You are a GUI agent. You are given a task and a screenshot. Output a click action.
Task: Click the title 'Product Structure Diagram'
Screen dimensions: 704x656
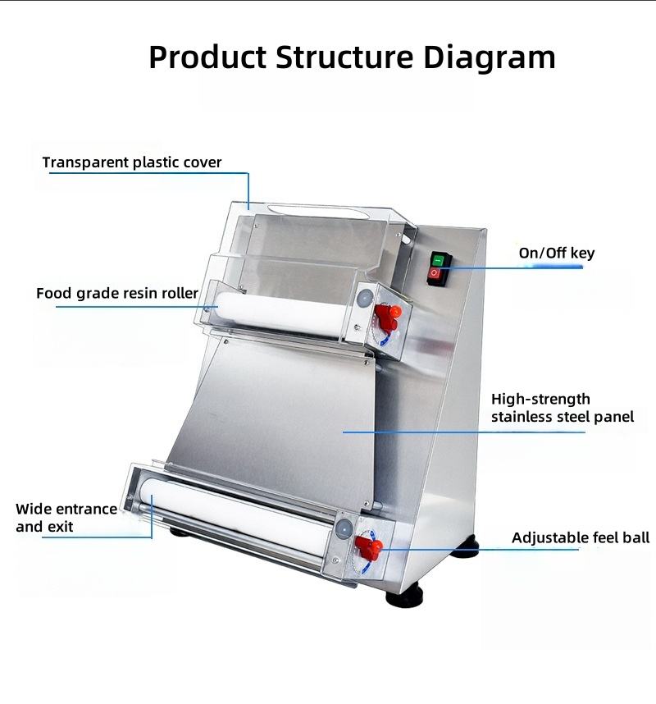[x=352, y=57]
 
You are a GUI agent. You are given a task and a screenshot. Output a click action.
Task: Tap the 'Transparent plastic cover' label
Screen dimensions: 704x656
[x=132, y=162]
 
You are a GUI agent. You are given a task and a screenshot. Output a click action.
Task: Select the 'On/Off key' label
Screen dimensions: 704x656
[x=556, y=253]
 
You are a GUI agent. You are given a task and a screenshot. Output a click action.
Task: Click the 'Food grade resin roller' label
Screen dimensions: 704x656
[x=117, y=293]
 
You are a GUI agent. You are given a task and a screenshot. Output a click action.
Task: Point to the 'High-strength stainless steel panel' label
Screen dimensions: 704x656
[x=562, y=408]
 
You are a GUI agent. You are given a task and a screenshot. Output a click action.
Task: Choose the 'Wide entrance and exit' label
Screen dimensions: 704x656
[x=66, y=518]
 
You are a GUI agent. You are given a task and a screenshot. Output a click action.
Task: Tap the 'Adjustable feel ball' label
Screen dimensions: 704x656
[x=580, y=538]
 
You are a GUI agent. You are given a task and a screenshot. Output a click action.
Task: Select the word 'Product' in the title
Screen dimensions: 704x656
[x=207, y=57]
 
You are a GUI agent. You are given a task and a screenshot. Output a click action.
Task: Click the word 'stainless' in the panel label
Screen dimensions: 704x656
[x=526, y=417]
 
